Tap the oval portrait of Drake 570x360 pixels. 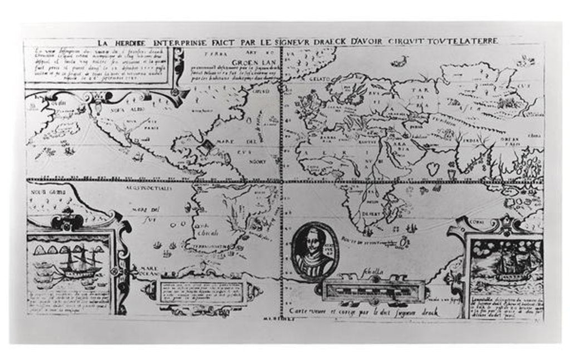311,248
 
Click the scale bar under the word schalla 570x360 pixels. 374,289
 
